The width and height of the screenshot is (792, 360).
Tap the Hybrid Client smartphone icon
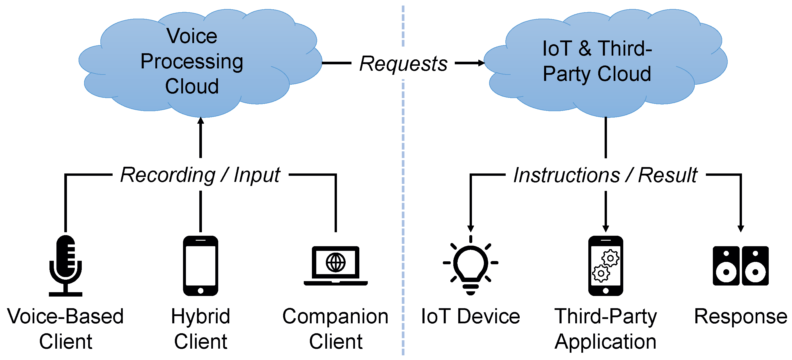[200, 266]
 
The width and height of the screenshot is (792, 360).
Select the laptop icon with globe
[335, 266]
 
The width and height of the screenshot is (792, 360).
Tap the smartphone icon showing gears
[605, 266]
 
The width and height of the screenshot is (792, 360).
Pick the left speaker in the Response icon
[726, 266]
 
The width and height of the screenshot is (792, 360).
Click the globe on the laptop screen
[335, 262]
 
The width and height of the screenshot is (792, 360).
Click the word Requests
[403, 64]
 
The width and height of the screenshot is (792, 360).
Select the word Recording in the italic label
[168, 175]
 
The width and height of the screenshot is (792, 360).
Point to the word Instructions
[567, 175]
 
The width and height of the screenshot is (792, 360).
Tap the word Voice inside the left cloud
[192, 36]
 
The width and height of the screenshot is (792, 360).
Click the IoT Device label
[470, 316]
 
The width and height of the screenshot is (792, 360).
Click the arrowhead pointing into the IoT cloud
[482, 63]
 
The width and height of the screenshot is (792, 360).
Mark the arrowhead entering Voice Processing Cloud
[200, 120]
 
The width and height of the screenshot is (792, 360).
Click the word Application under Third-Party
[605, 341]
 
